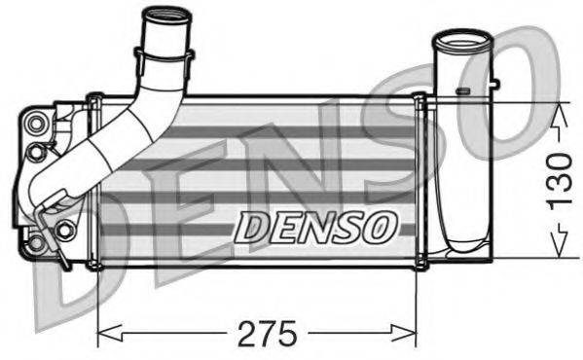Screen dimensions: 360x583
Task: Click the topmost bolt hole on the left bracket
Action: [38, 123]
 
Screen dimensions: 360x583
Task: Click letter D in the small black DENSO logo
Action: [252, 227]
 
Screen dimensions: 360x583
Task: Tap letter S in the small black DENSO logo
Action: [347, 227]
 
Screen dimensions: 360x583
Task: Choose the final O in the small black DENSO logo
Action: [381, 227]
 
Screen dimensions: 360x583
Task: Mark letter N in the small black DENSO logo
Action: [314, 227]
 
